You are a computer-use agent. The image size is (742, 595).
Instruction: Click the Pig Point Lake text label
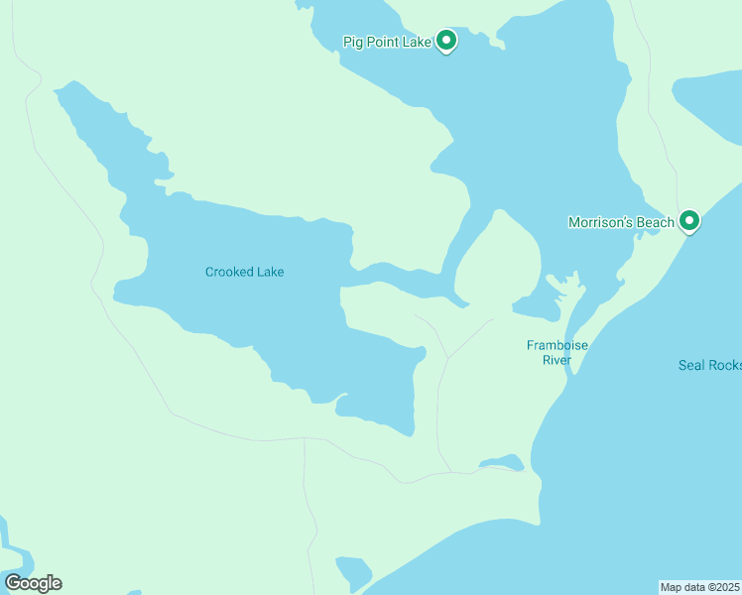(x=387, y=42)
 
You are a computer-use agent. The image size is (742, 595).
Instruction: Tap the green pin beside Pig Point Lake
(x=446, y=41)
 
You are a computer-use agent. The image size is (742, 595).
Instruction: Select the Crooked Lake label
(x=244, y=272)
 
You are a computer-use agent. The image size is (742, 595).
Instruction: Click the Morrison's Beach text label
(x=621, y=223)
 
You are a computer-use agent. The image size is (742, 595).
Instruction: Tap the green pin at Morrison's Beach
(x=689, y=222)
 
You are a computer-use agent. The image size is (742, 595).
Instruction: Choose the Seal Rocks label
(x=709, y=365)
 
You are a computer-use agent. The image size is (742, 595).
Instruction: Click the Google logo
(x=33, y=583)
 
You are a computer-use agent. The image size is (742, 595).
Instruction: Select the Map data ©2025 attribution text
(x=700, y=587)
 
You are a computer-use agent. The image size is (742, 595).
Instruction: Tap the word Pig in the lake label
(x=352, y=42)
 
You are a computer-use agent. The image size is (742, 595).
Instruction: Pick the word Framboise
(x=557, y=345)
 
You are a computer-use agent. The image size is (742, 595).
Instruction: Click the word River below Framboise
(x=556, y=360)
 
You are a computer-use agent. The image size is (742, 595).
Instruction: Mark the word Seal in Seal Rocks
(x=690, y=365)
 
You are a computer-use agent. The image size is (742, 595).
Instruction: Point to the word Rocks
(x=724, y=365)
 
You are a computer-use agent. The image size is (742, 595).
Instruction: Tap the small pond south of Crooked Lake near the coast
(x=502, y=462)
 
